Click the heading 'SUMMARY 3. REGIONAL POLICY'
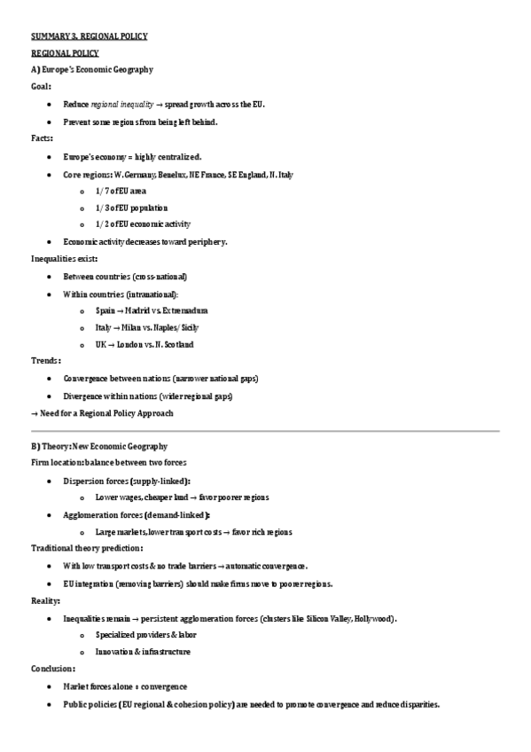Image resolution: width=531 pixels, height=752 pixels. (89, 36)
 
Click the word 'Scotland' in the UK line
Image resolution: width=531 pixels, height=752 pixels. (177, 344)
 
